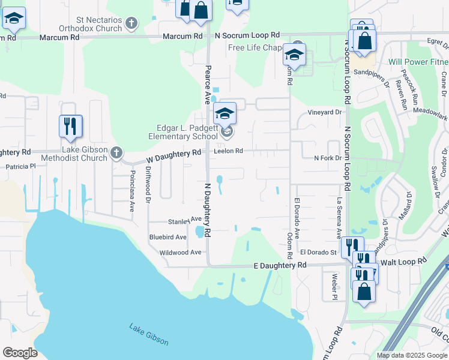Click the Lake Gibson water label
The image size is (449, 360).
tap(149, 334)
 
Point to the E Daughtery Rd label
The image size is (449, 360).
tap(280, 265)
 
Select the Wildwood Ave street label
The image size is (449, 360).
tap(180, 253)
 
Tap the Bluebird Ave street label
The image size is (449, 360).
tap(168, 237)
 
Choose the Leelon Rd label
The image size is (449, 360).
tap(228, 151)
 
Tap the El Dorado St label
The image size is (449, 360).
tap(318, 253)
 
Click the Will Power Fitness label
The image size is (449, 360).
tap(418, 62)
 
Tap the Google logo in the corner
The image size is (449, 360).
tap(20, 352)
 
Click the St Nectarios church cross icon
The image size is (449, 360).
tap(132, 24)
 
